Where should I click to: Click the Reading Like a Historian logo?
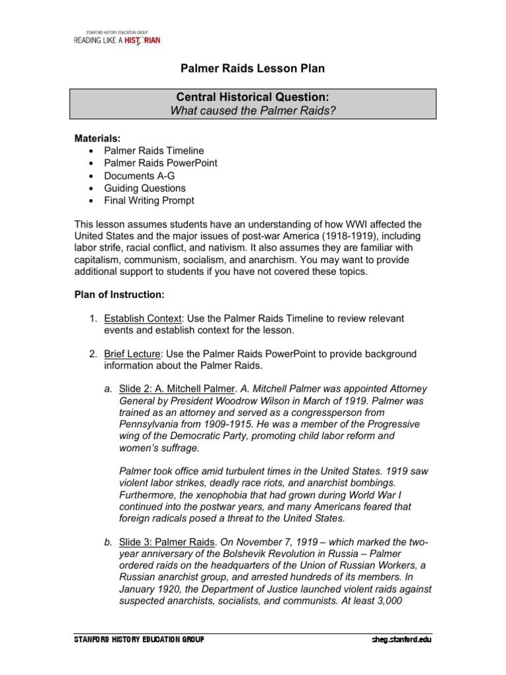pyautogui.click(x=117, y=39)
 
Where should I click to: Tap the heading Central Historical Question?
pyautogui.click(x=254, y=97)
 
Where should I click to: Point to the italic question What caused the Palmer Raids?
pyautogui.click(x=254, y=110)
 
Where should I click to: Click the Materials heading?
pyautogui.click(x=96, y=138)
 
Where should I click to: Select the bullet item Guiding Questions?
pyautogui.click(x=145, y=188)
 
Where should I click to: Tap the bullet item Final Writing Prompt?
pyautogui.click(x=149, y=200)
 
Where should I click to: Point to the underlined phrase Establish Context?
pyautogui.click(x=142, y=318)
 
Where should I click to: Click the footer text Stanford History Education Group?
pyautogui.click(x=139, y=639)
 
